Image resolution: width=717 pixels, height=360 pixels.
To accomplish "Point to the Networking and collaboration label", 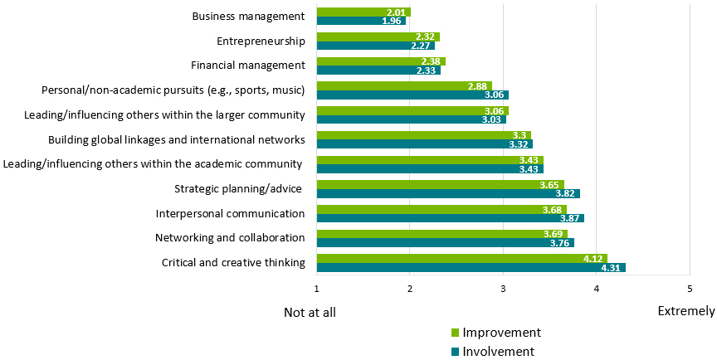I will click(230, 238).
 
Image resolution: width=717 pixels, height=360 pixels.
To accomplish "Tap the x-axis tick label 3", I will click(503, 289).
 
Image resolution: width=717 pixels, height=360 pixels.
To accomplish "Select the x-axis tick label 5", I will click(689, 289).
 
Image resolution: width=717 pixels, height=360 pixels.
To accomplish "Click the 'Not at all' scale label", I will click(310, 312).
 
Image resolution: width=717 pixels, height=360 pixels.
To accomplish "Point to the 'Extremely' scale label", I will click(685, 311).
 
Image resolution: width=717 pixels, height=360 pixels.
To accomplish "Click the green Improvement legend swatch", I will click(455, 333).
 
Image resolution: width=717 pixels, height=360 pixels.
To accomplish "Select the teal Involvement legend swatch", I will click(455, 352).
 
